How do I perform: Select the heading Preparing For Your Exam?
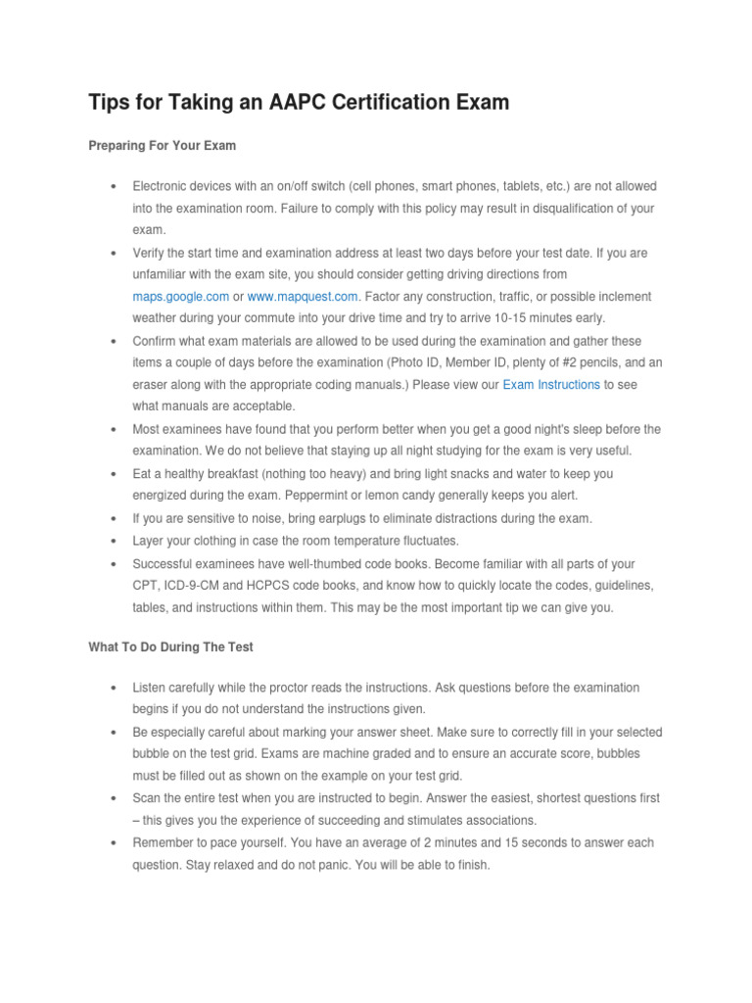pos(163,145)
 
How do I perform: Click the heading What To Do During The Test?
pos(171,647)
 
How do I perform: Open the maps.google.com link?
pos(181,296)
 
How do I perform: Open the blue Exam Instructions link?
pos(551,385)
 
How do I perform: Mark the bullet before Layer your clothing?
pos(115,541)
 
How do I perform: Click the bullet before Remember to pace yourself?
pos(115,843)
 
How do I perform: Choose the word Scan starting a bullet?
pos(148,798)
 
